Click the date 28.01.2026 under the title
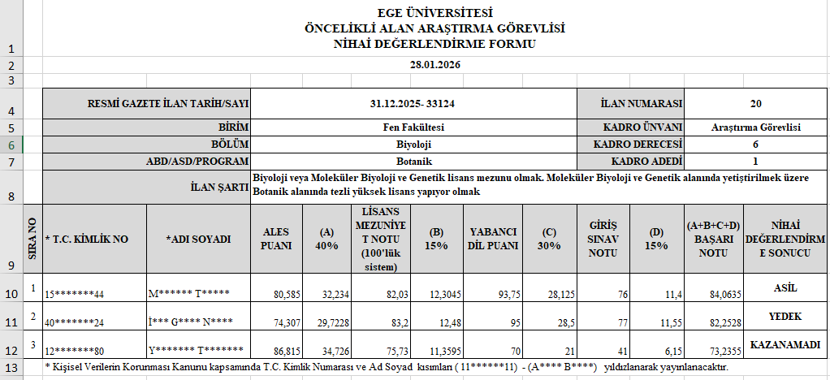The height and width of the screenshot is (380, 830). point(434,65)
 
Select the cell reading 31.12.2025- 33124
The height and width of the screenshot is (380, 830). point(413,104)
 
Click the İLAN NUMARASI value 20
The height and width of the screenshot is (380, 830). point(755,104)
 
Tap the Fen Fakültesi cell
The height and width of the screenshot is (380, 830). point(413,127)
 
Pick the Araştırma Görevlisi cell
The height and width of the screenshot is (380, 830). point(755,127)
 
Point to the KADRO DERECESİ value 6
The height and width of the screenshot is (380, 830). point(755,144)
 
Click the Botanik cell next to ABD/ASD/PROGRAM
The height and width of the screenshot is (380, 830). point(413,161)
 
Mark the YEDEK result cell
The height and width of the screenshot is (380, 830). point(785,316)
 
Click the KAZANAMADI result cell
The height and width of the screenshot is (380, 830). point(785,344)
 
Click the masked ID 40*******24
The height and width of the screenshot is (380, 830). point(75,322)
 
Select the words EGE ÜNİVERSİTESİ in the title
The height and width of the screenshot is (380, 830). point(434,13)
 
